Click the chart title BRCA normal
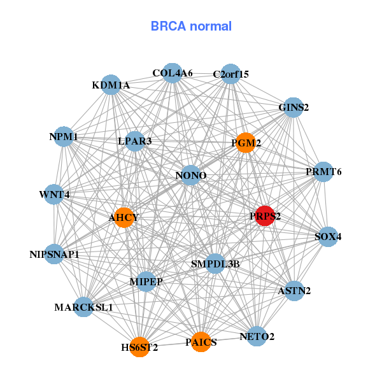coord(191,27)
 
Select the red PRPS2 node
coord(264,216)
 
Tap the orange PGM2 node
coord(245,143)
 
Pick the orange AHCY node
coord(124,218)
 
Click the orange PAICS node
coord(201,342)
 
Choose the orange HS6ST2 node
coord(139,347)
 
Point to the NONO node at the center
coord(191,175)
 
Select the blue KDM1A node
coord(111,85)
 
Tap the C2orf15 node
coord(230,74)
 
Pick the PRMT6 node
coord(323,171)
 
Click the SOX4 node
coord(328,236)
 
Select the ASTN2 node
coord(294,291)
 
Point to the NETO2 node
coord(257,336)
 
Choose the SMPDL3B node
coord(215,264)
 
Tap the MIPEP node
coord(146,281)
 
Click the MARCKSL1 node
coord(83,307)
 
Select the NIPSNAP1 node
coord(55,254)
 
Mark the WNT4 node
coord(54,194)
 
